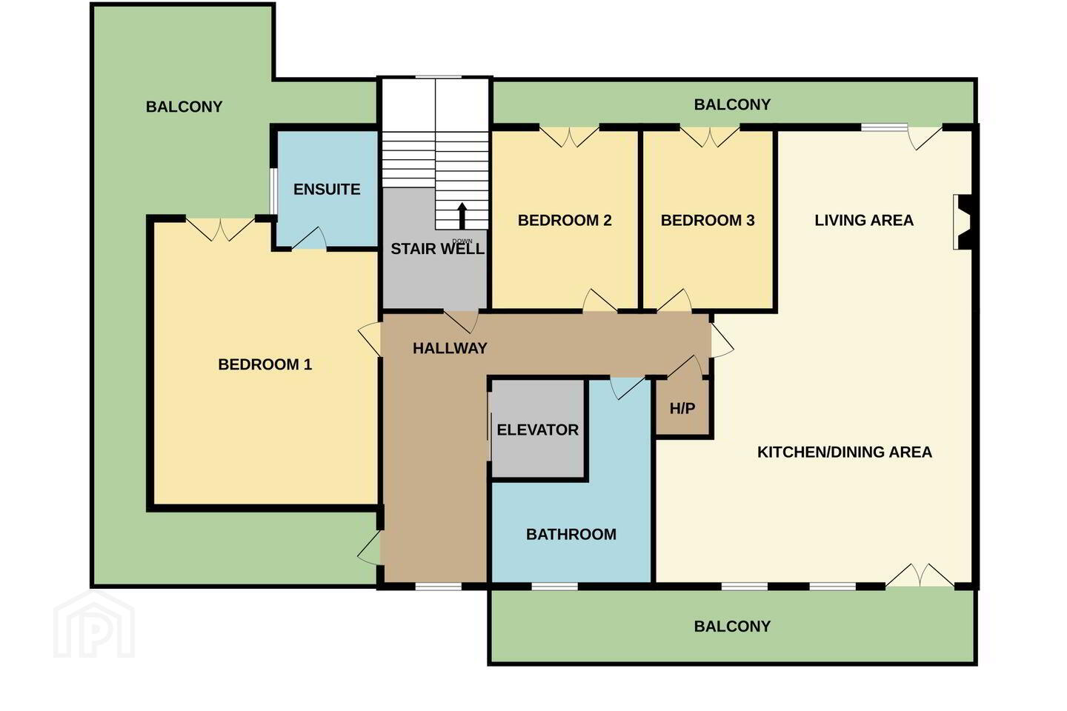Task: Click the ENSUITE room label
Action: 327,190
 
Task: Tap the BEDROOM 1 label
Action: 265,365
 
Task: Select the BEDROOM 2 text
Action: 565,221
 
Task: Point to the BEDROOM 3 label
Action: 708,221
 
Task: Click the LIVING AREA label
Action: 864,221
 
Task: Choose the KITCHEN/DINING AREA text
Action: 845,452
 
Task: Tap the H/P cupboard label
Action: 682,409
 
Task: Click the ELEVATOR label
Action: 537,430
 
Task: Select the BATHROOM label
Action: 571,534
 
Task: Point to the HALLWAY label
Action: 450,349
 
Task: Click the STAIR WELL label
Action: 437,249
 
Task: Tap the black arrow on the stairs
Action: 462,216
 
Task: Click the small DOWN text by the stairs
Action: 462,241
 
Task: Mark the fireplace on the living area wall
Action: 963,222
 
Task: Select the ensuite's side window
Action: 273,191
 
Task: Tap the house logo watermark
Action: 94,624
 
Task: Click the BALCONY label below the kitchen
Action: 732,627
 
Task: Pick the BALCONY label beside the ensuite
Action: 184,107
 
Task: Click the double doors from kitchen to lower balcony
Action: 920,575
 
